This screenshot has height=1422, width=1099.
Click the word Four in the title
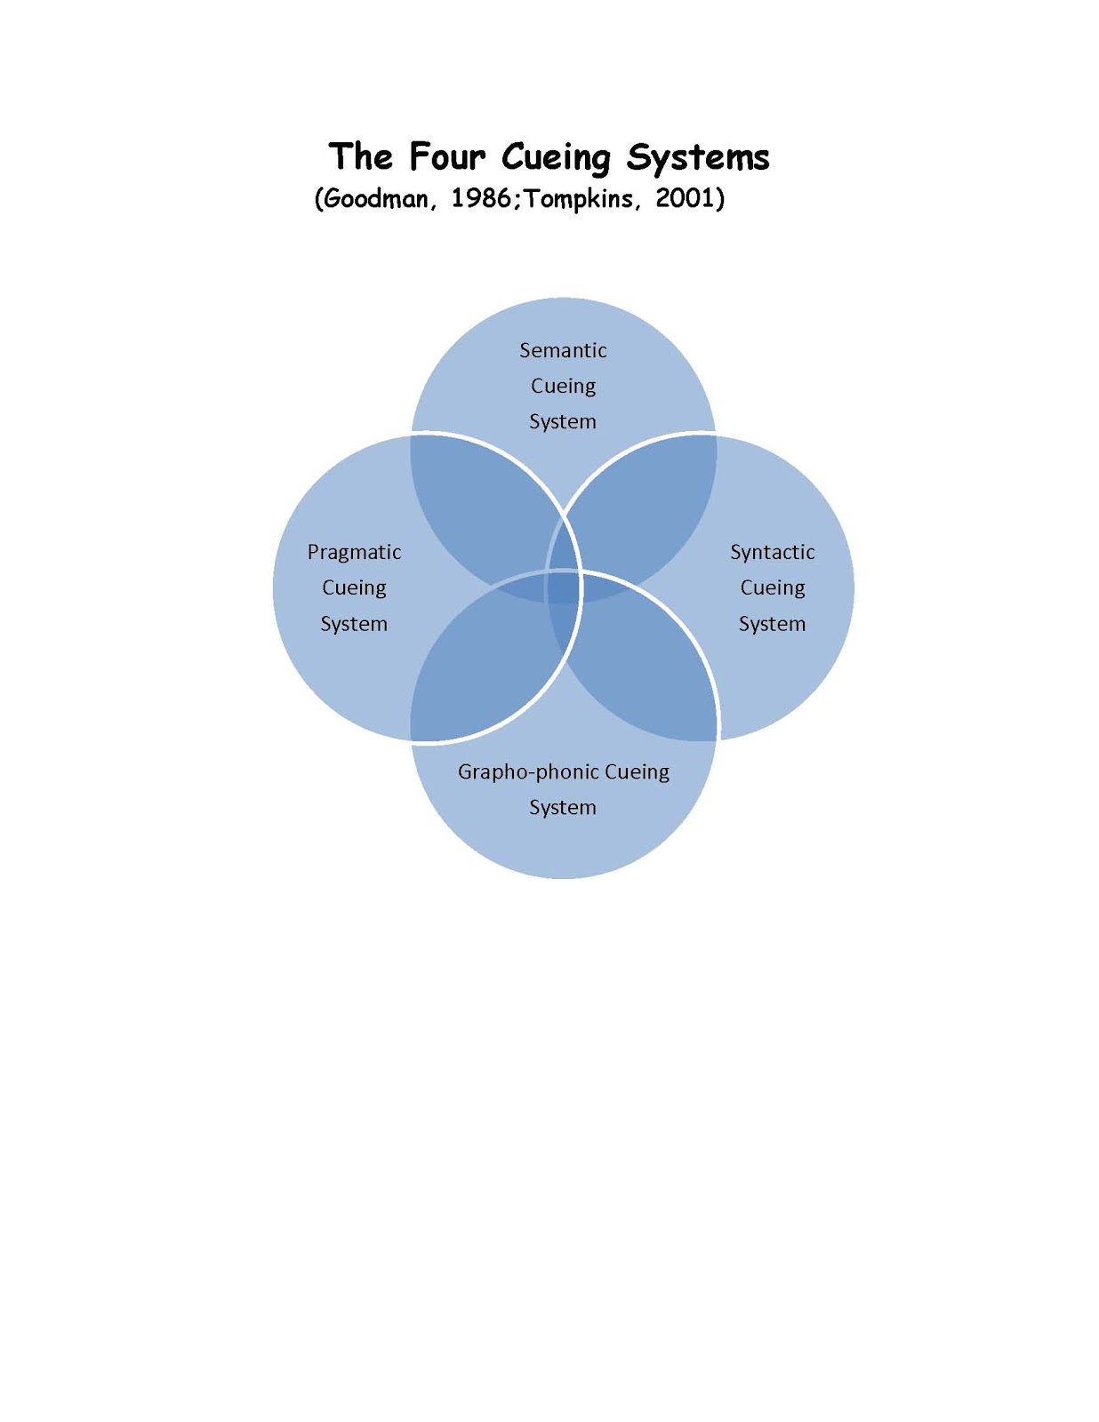[447, 157]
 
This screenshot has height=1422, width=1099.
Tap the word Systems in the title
[698, 157]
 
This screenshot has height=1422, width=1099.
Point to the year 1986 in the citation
[481, 198]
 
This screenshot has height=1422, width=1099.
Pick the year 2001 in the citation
[686, 198]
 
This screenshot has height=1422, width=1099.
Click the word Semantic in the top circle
[563, 350]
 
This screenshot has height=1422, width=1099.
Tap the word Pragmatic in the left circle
[354, 552]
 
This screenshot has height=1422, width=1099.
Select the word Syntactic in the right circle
[772, 552]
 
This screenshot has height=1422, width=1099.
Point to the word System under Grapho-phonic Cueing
[563, 807]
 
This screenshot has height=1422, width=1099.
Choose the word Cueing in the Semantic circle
[563, 386]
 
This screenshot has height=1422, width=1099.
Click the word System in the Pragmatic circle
[354, 624]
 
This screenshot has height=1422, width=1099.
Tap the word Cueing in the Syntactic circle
[772, 587]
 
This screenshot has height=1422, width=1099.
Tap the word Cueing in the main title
[556, 157]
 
